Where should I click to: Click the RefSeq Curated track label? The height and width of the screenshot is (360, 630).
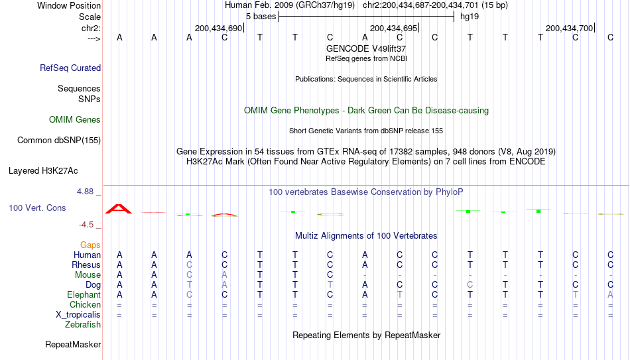click(70, 68)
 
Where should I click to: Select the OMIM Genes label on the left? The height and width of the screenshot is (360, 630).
click(75, 120)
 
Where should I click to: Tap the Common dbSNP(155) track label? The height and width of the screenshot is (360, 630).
click(58, 141)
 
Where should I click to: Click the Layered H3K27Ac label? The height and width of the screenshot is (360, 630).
click(43, 171)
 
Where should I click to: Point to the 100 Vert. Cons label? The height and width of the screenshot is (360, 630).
click(37, 208)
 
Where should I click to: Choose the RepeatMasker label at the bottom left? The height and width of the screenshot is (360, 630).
click(73, 344)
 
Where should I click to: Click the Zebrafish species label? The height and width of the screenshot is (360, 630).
click(83, 324)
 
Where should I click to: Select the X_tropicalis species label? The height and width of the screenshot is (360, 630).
click(78, 315)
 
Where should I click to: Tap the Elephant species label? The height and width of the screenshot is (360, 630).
click(84, 294)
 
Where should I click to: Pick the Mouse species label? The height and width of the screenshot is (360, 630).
click(88, 275)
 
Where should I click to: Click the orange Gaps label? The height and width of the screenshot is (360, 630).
click(90, 245)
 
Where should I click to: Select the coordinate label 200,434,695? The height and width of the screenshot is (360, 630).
click(393, 28)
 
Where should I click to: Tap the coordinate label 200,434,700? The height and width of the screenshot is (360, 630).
click(570, 28)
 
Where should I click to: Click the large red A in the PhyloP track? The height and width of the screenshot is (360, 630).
click(119, 209)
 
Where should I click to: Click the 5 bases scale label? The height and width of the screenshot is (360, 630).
click(261, 17)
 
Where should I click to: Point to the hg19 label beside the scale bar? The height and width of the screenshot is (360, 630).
click(470, 17)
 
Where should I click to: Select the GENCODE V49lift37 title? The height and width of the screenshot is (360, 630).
click(366, 48)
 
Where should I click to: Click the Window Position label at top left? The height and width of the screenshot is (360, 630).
click(69, 5)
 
